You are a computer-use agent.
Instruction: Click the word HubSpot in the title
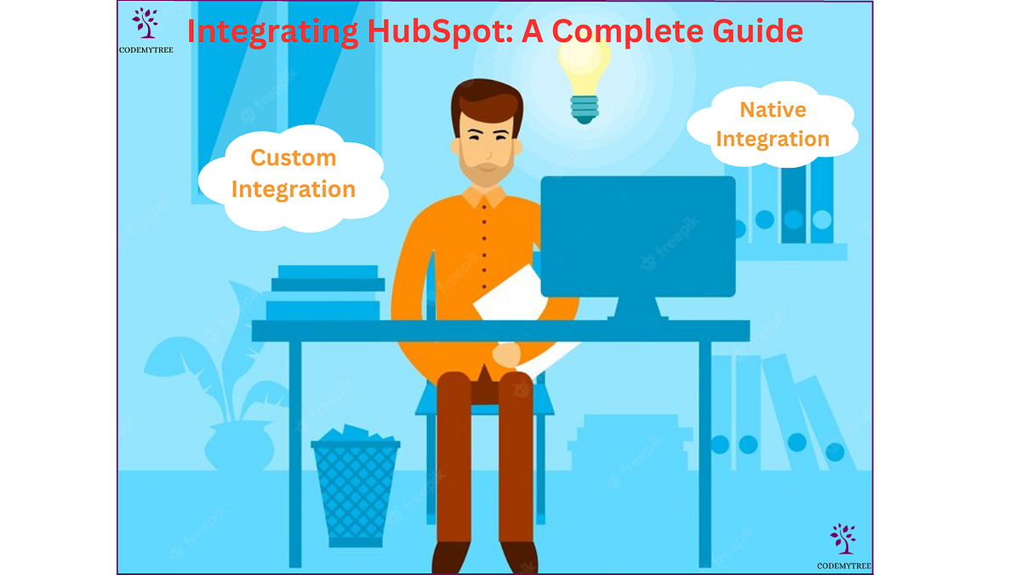pyautogui.click(x=418, y=32)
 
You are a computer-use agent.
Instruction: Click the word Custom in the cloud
pyautogui.click(x=294, y=158)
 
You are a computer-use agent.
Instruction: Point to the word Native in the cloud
pyautogui.click(x=773, y=109)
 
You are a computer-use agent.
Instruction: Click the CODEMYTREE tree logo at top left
pyautogui.click(x=145, y=23)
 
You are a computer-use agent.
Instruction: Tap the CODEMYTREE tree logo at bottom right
pyautogui.click(x=842, y=539)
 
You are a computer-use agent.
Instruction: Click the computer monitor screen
pyautogui.click(x=638, y=235)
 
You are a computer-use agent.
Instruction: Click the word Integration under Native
pyautogui.click(x=773, y=138)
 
